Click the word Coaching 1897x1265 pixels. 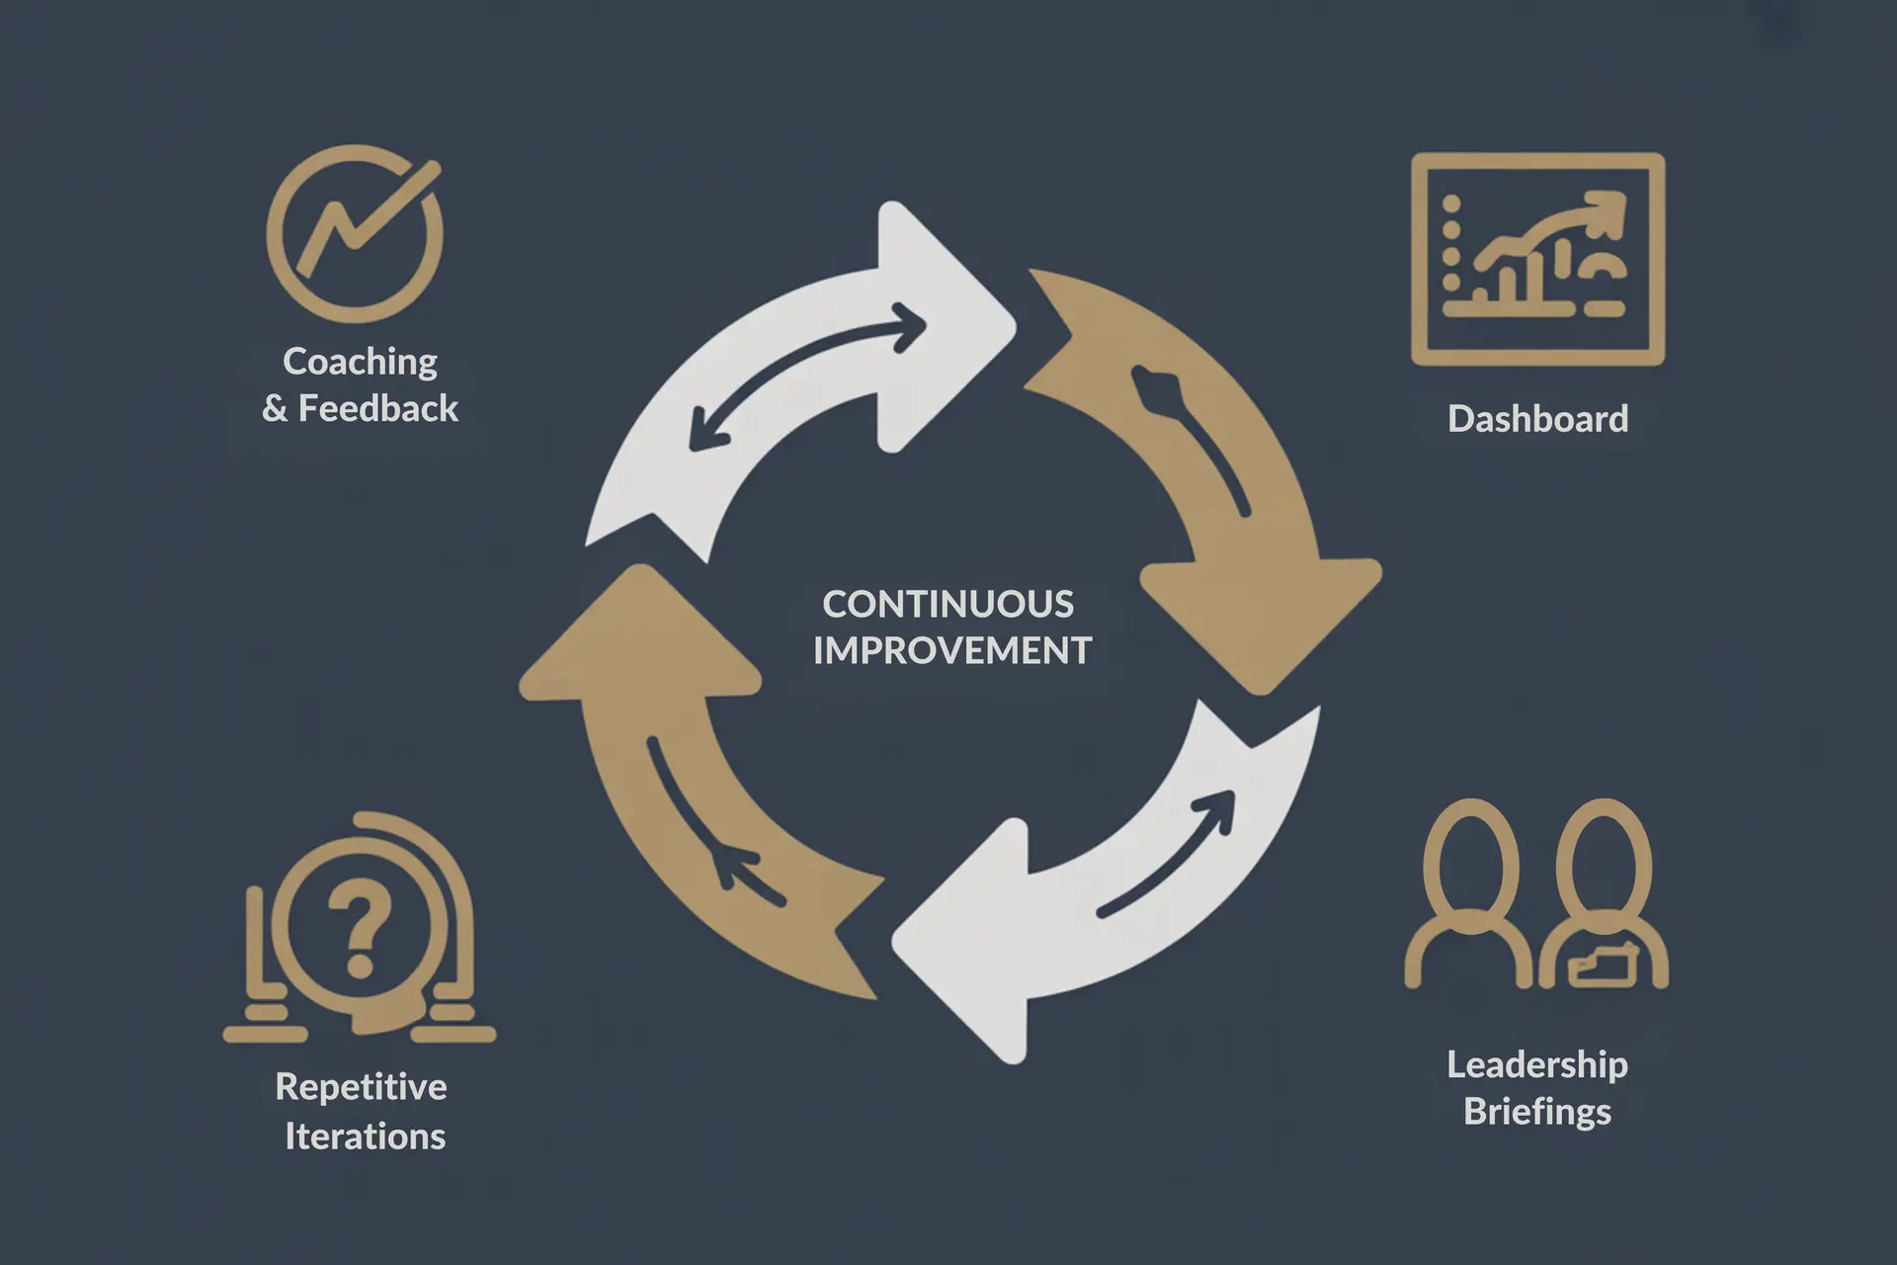pyautogui.click(x=360, y=362)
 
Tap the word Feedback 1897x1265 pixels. pyautogui.click(x=378, y=408)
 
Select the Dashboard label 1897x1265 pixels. pyautogui.click(x=1537, y=419)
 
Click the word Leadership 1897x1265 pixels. pyautogui.click(x=1537, y=1064)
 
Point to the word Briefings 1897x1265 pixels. pyautogui.click(x=1537, y=1112)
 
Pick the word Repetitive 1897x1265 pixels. pyautogui.click(x=361, y=1087)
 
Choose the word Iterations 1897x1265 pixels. pyautogui.click(x=365, y=1137)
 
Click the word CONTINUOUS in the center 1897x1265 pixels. pyautogui.click(x=948, y=604)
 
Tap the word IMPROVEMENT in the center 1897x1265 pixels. pyautogui.click(x=951, y=650)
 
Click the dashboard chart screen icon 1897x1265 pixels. pyautogui.click(x=1537, y=259)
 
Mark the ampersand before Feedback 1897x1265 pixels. pyautogui.click(x=275, y=409)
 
